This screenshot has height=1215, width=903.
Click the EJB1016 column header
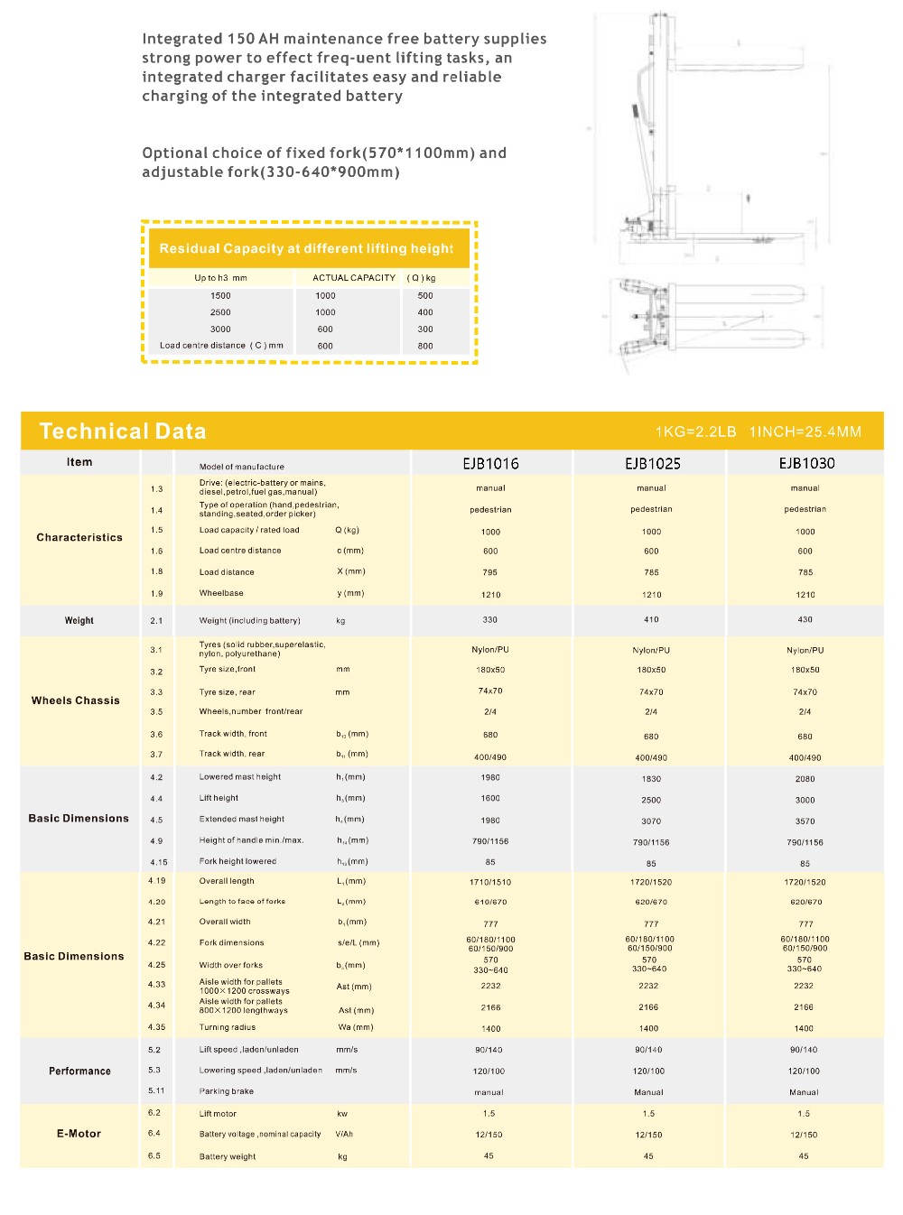pyautogui.click(x=490, y=463)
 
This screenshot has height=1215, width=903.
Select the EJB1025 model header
pyautogui.click(x=652, y=463)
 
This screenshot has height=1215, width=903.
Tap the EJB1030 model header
pyautogui.click(x=806, y=463)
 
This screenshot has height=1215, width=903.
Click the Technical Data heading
pyautogui.click(x=123, y=431)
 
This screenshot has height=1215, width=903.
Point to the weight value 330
pyautogui.click(x=489, y=620)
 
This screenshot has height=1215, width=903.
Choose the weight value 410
pyautogui.click(x=651, y=620)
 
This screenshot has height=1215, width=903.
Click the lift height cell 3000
pyautogui.click(x=805, y=800)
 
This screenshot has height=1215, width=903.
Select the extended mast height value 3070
pyautogui.click(x=651, y=821)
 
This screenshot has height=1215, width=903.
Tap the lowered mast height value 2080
pyautogui.click(x=805, y=778)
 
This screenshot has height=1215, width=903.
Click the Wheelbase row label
pyautogui.click(x=221, y=593)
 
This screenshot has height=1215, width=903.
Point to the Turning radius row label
pyautogui.click(x=228, y=1027)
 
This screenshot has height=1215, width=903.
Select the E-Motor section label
pyautogui.click(x=79, y=1134)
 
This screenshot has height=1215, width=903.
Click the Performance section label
pyautogui.click(x=79, y=1071)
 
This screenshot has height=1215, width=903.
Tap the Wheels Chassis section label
pyautogui.click(x=76, y=700)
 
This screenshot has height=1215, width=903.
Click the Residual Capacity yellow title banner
pyautogui.click(x=307, y=248)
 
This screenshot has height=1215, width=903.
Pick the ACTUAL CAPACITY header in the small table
pyautogui.click(x=354, y=278)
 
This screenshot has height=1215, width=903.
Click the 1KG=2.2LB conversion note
pyautogui.click(x=695, y=431)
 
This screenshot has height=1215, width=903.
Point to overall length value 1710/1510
pyautogui.click(x=490, y=882)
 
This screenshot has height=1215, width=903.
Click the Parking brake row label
pyautogui.click(x=227, y=1091)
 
